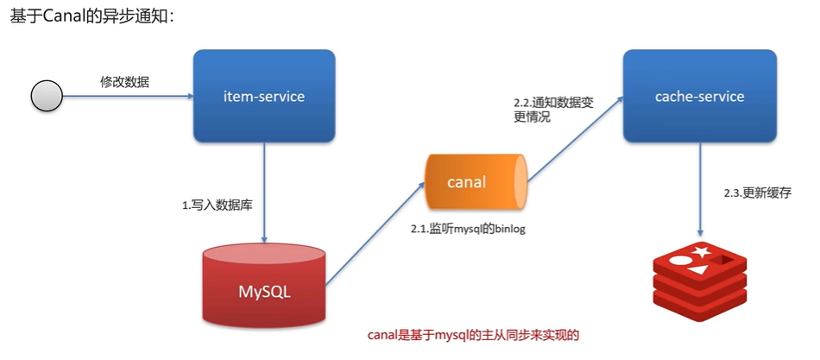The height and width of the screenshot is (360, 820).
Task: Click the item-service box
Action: pos(263,96)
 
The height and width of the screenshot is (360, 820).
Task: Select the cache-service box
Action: pos(699,96)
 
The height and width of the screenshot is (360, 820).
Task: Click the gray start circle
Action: pos(47,96)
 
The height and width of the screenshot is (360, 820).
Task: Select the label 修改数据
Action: pos(124,82)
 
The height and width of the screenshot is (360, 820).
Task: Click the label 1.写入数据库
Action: pos(217,205)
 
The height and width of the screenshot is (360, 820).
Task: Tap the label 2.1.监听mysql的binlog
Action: pos(467,228)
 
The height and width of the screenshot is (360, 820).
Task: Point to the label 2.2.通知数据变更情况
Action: pos(553,110)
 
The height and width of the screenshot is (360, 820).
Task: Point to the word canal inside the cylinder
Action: pos(466,182)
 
